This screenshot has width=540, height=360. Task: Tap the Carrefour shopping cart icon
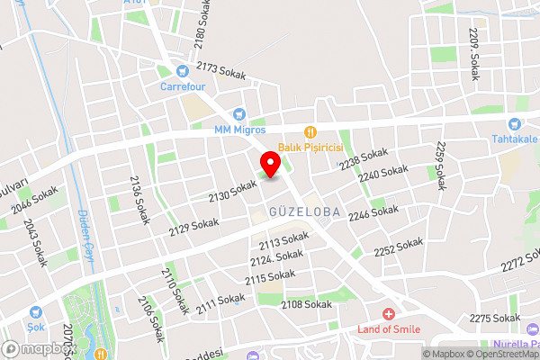[183, 70]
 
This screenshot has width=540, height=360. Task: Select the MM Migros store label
[238, 129]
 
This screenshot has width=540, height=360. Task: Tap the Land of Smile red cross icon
[388, 314]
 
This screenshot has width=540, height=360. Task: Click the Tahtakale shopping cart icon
[514, 124]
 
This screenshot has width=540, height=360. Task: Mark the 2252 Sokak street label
[398, 246]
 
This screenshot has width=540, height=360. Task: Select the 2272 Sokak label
[514, 264]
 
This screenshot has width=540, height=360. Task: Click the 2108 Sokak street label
[307, 305]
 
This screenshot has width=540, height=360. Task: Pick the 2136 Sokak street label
[139, 200]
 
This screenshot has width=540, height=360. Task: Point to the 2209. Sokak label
[474, 54]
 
